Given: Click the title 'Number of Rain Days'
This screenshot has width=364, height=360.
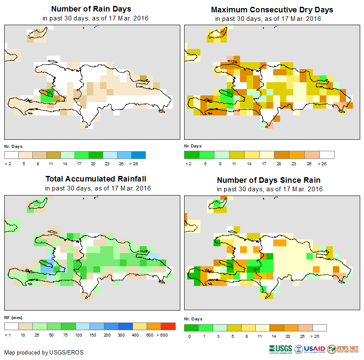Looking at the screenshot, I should tap(91, 9).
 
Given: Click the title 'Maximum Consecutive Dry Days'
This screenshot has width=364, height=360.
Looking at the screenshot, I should tap(272, 9).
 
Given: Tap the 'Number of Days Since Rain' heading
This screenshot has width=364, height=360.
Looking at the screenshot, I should tap(269, 180).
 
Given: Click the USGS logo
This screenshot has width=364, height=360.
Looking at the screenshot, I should tap(280, 349).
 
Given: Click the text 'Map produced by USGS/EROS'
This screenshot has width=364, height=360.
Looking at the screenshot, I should tap(44, 352).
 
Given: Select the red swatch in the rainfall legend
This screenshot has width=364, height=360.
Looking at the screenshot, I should tap(168, 326).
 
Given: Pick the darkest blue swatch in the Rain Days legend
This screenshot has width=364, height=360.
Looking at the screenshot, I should tap(139, 155).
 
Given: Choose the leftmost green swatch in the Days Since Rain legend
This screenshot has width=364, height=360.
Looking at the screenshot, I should tap(191, 328).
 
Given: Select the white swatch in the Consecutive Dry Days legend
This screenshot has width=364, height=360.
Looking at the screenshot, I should tap(327, 155).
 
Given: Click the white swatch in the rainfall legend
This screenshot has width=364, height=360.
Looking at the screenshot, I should tap(12, 326).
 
